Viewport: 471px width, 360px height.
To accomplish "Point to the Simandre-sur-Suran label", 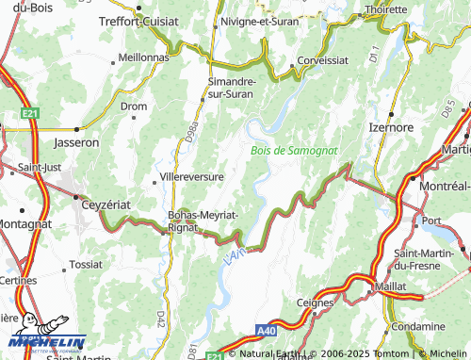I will coord(232,87).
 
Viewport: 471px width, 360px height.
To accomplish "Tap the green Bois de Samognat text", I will coord(294,150).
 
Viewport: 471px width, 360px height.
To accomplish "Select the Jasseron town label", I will coord(76,142).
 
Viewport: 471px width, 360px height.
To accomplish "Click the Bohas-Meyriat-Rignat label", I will coord(202,221).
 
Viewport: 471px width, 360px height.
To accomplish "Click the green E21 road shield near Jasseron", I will coord(30,114).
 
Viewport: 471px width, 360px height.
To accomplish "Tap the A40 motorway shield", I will coord(268,332).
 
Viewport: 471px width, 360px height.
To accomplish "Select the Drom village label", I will coord(135,106).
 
